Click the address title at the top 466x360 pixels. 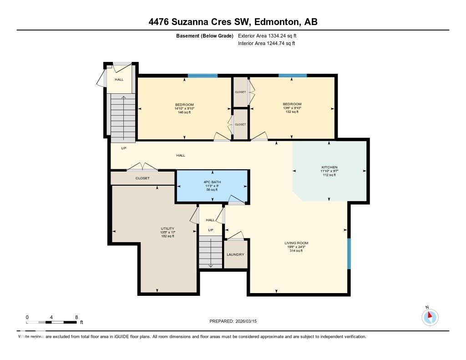[x=233, y=22]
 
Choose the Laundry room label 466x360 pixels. [x=235, y=254]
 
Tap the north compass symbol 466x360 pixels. [x=429, y=316]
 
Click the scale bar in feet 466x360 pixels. [x=51, y=322]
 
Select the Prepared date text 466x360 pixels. [x=236, y=321]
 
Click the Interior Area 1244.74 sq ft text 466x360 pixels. [x=266, y=44]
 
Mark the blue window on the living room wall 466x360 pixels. [x=349, y=254]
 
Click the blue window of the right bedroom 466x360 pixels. [x=292, y=76]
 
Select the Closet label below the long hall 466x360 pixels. [x=142, y=178]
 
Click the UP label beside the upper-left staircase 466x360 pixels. [x=123, y=148]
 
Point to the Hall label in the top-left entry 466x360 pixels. [x=119, y=80]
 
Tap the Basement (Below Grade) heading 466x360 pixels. [x=204, y=35]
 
